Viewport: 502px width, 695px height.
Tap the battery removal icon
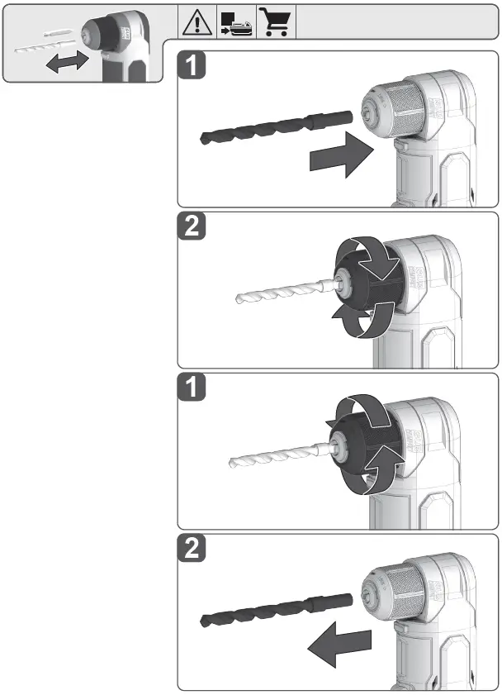coord(236,23)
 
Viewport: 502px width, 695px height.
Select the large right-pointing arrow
coord(340,155)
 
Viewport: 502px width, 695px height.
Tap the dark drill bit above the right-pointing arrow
coord(264,128)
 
